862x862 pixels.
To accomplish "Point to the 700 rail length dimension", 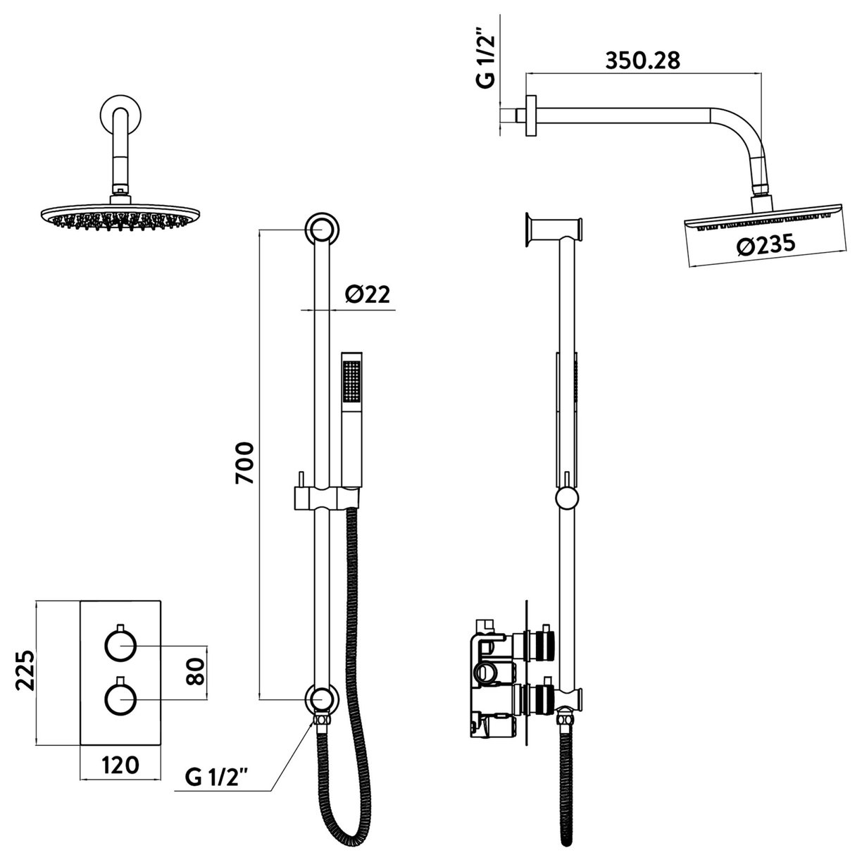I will click(244, 463).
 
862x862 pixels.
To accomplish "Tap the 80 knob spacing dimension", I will click(196, 671).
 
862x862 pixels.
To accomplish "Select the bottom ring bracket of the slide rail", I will click(321, 699).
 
